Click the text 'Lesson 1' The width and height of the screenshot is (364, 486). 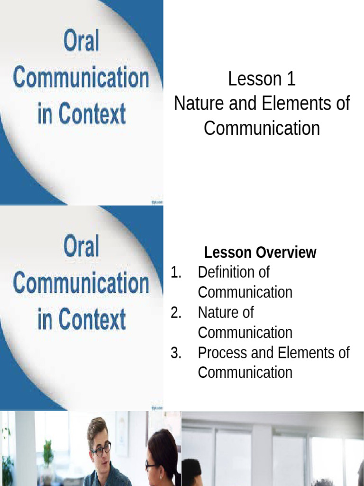tap(262, 79)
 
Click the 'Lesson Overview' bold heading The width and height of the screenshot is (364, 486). tap(260, 252)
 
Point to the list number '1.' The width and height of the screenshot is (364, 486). tap(176, 272)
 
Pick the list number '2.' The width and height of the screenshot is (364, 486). tap(176, 313)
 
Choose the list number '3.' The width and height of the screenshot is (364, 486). tap(176, 353)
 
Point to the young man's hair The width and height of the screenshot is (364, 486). tap(97, 426)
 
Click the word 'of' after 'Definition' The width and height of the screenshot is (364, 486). tap(263, 272)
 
